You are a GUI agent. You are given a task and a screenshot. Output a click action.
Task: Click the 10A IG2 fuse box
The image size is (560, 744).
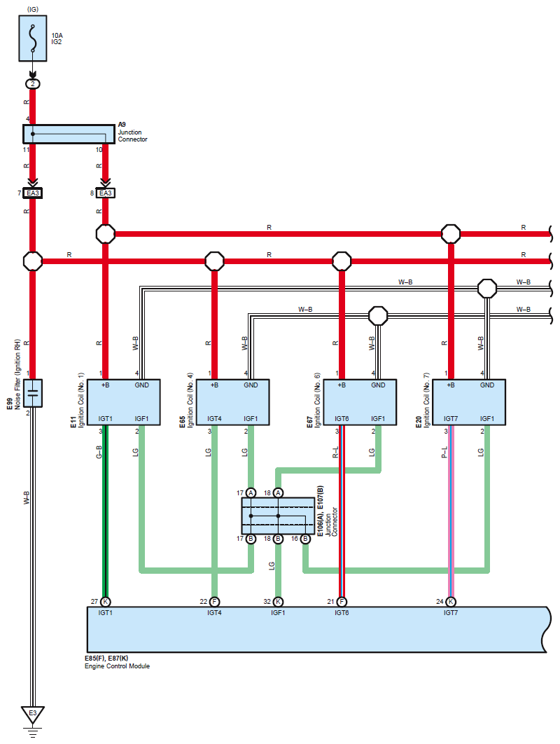pos(33,39)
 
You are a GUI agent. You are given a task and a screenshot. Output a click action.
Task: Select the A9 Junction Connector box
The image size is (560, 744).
pos(69,134)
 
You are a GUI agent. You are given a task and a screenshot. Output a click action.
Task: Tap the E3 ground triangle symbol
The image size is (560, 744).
pos(33,715)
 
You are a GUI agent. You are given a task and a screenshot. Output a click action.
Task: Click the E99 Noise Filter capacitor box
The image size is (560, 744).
pos(33,393)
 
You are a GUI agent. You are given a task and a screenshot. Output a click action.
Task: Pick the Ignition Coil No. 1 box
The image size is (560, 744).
pos(123,402)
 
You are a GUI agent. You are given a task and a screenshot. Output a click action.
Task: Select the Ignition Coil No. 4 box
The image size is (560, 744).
pos(232,402)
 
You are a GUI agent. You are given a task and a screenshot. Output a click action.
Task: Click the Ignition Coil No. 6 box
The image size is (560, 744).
pos(360,402)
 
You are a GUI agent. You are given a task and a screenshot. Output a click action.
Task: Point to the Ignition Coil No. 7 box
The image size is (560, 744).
pos(469,402)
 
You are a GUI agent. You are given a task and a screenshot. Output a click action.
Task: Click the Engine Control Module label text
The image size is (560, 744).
pos(117,666)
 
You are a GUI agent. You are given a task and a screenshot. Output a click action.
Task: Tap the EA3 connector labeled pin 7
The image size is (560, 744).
pos(33,193)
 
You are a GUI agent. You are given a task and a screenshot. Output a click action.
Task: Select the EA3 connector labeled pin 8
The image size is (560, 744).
pos(105,193)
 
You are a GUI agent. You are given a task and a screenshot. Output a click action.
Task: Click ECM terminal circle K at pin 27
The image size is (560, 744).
pos(105,602)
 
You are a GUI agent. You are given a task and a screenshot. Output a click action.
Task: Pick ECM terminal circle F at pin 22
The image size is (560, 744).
pos(214,602)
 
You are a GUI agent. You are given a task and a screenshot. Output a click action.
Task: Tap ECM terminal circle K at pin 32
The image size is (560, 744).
pos(279,602)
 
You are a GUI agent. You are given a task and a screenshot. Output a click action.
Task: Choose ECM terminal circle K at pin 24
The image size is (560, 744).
pos(451,602)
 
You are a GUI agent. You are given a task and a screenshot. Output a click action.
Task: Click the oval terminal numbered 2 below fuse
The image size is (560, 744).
pos(33,84)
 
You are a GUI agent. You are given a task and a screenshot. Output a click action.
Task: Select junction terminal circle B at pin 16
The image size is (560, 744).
pos(305,539)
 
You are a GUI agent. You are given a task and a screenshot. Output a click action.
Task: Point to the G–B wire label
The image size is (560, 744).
pos(99,452)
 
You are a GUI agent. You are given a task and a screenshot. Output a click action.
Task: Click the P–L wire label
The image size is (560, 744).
pos(444,452)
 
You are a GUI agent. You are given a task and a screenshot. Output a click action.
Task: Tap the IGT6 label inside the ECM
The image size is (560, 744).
pos(342,613)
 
